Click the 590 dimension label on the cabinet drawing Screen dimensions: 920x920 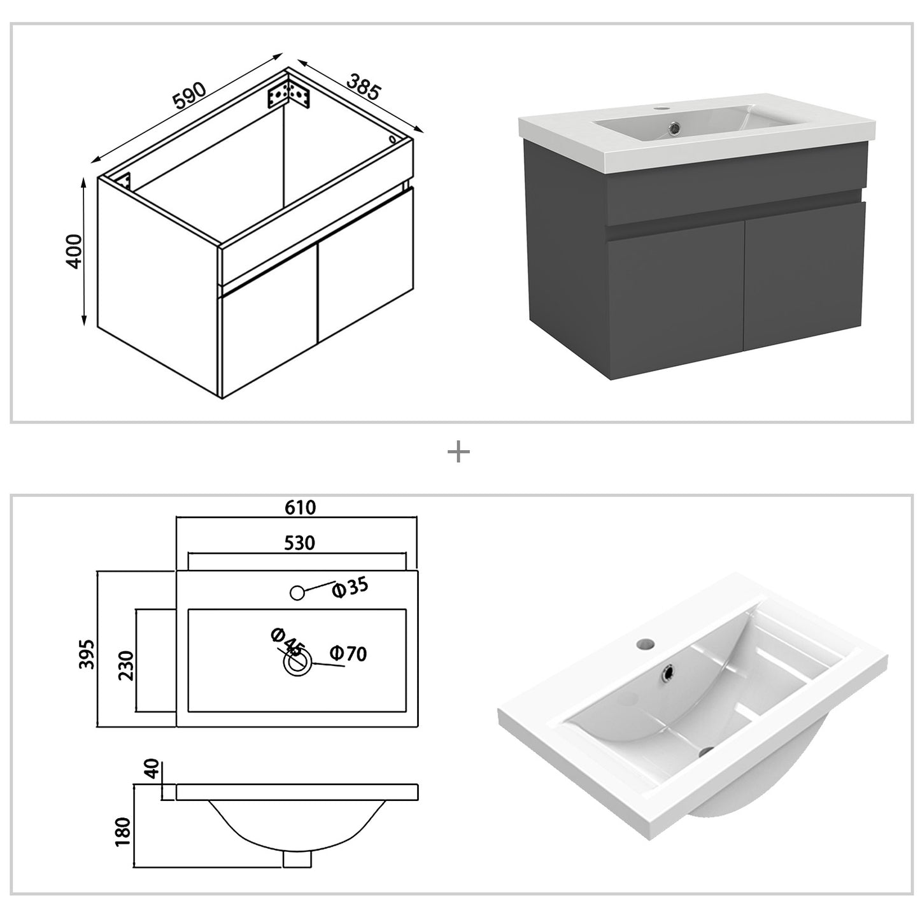pyautogui.click(x=188, y=95)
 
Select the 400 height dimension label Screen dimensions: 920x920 pyautogui.click(x=75, y=251)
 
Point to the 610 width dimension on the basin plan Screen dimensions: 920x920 pyautogui.click(x=300, y=507)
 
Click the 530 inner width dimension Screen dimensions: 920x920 pyautogui.click(x=299, y=542)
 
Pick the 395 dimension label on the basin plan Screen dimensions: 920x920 pyautogui.click(x=88, y=653)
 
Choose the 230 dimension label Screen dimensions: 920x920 pyautogui.click(x=127, y=665)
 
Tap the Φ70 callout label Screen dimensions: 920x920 pyautogui.click(x=348, y=653)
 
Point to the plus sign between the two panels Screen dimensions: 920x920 pyautogui.click(x=458, y=453)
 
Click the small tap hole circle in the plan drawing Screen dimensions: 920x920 pyautogui.click(x=297, y=593)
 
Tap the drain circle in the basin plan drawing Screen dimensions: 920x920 pyautogui.click(x=297, y=663)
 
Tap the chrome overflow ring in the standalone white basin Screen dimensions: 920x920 pyautogui.click(x=669, y=671)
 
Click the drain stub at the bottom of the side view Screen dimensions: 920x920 pyautogui.click(x=297, y=859)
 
